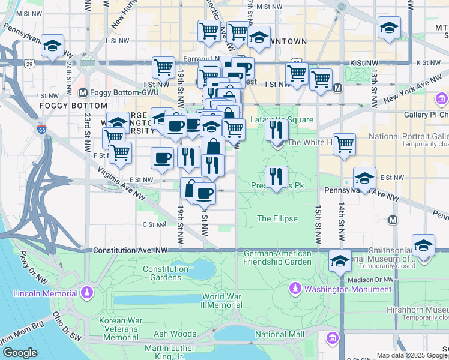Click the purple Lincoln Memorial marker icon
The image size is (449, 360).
88,293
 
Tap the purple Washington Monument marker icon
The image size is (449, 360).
295,289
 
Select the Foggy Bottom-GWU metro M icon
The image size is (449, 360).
83,93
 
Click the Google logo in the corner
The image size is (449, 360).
20,353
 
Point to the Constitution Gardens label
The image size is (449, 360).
166,273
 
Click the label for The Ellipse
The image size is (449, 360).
277,218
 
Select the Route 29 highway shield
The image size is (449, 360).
29,62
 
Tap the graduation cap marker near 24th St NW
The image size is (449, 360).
53,46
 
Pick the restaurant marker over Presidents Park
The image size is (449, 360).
276,176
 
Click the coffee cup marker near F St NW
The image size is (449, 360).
162,158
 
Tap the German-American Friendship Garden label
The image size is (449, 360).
277,257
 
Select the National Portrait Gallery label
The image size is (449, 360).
408,136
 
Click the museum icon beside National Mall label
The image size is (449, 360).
332,338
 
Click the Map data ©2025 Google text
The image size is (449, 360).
411,355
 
